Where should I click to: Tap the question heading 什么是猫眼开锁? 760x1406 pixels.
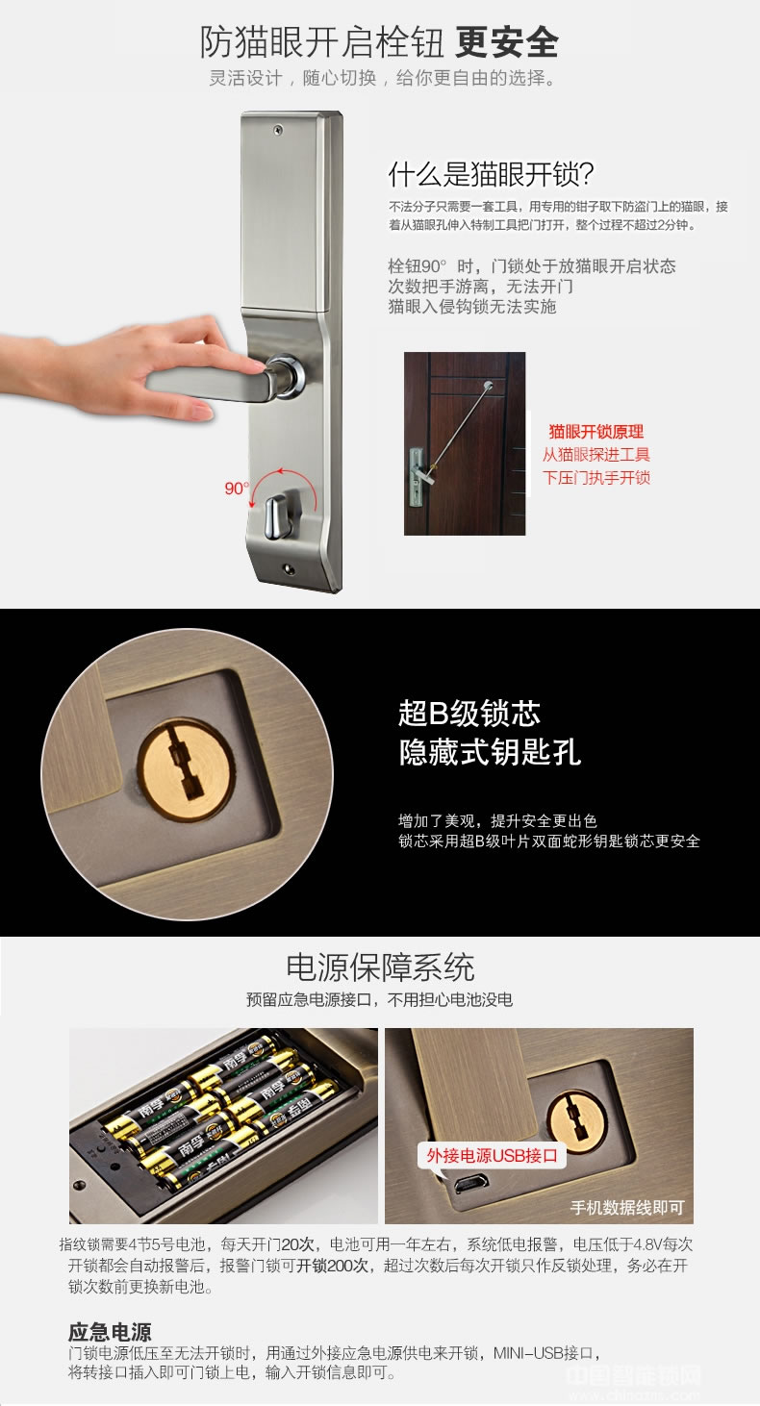[x=491, y=174]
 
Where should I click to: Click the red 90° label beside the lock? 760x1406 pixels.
[x=236, y=489]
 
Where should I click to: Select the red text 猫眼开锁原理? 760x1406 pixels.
[x=595, y=432]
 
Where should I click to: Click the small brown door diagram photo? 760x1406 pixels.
[x=465, y=443]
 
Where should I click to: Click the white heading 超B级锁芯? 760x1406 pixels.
[x=469, y=714]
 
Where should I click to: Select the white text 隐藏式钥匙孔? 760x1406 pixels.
[x=490, y=752]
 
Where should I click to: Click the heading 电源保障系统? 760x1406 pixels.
[x=380, y=967]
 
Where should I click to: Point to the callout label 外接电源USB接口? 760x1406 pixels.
[x=493, y=1155]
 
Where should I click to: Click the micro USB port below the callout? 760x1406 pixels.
[x=469, y=1184]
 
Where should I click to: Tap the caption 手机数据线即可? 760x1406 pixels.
[x=626, y=1208]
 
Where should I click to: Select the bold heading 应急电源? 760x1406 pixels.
[x=110, y=1332]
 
